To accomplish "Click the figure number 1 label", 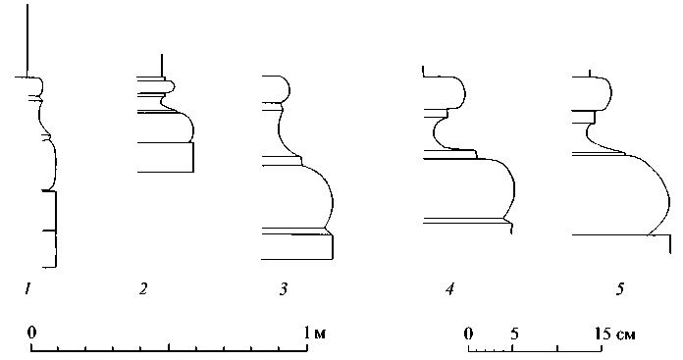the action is point(27,288).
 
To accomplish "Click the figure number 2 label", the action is point(143,288).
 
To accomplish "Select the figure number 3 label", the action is point(284,288).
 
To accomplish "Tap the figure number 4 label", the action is point(450,288).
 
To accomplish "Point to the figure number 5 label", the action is point(620,288).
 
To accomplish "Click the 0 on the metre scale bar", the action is point(31,333).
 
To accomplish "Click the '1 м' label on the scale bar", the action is point(315,334).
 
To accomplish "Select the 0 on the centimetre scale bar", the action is point(469,334).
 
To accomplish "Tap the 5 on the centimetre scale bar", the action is point(514,334).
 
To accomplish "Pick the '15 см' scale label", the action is point(614,334).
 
